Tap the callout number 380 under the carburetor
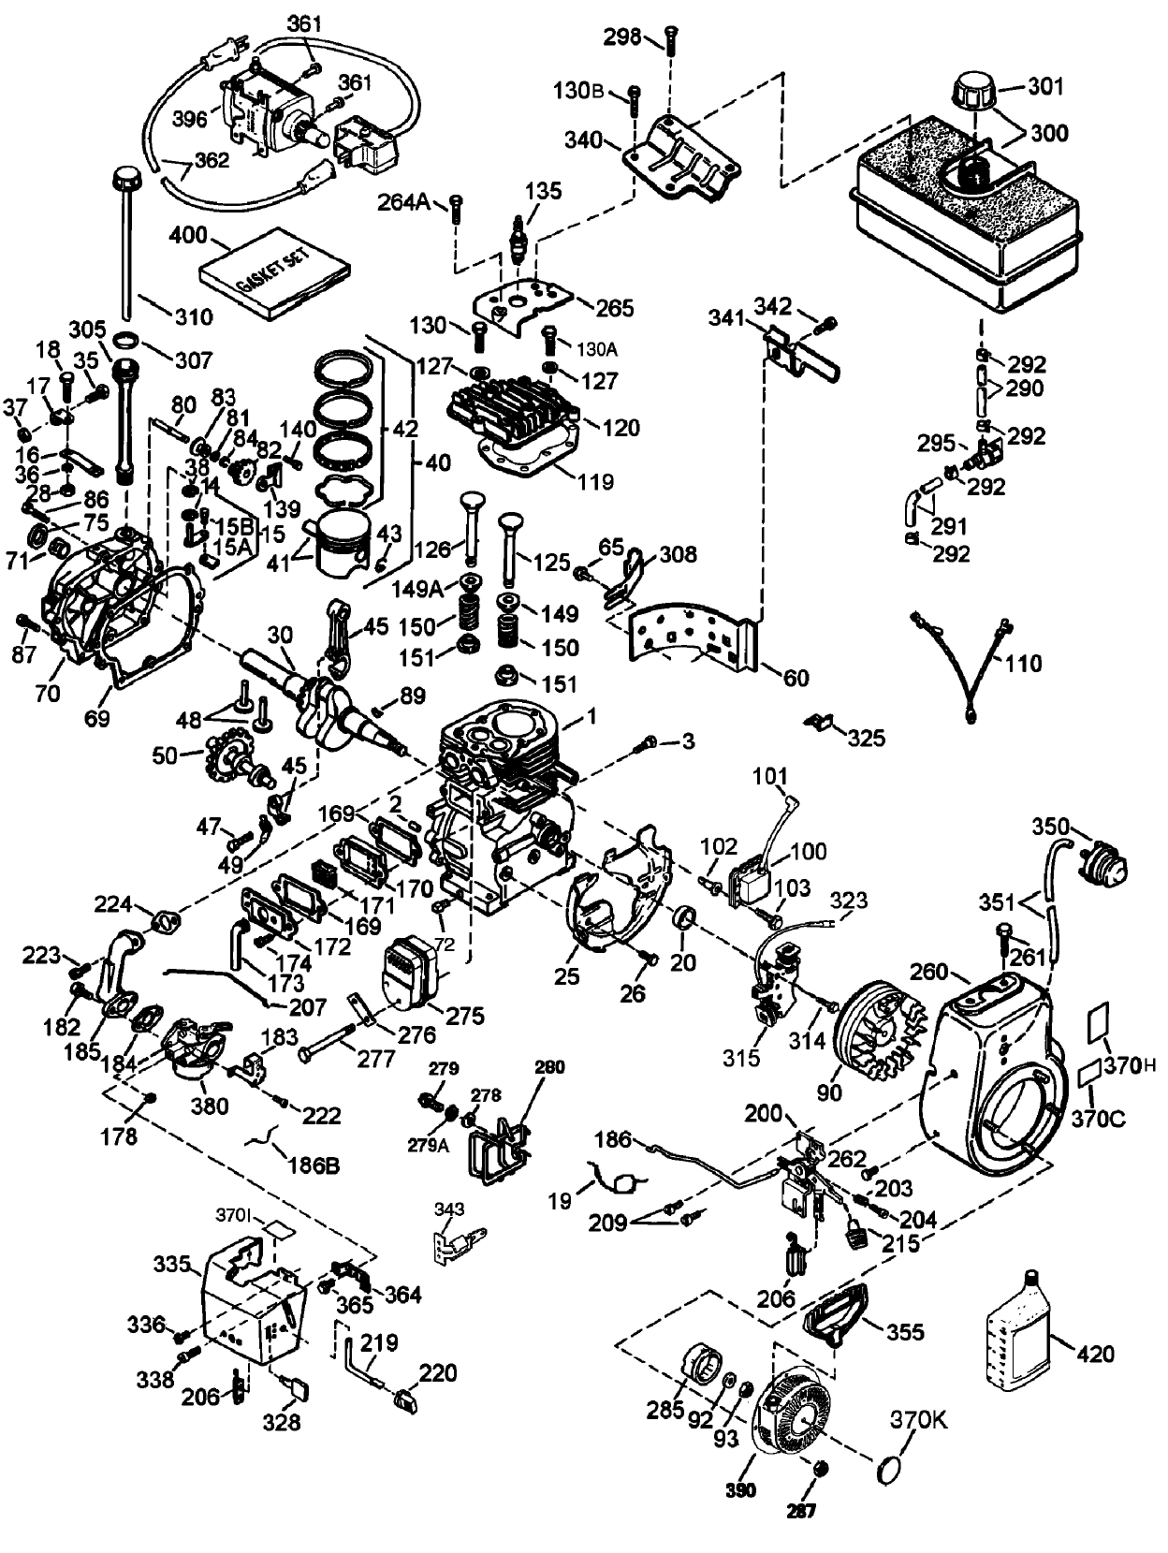(x=209, y=1106)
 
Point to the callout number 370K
(x=918, y=1420)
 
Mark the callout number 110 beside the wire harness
(x=1023, y=664)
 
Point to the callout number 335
(x=172, y=1265)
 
